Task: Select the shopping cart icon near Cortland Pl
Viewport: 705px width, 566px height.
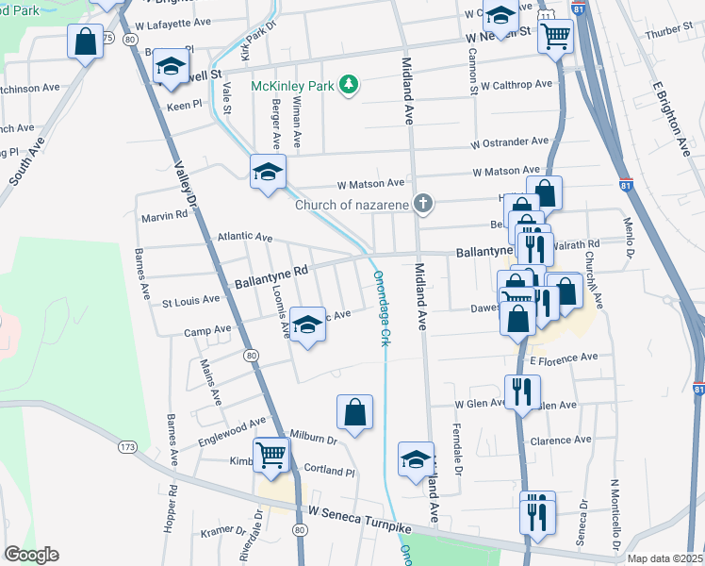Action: (271, 455)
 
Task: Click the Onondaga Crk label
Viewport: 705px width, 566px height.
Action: (382, 308)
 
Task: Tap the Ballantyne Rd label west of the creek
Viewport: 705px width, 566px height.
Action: (271, 275)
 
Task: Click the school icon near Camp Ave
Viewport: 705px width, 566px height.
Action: (306, 325)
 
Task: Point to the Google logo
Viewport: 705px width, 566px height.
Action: (31, 555)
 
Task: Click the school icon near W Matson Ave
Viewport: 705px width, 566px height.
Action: (268, 173)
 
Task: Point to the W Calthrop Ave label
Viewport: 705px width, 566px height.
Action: (516, 85)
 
